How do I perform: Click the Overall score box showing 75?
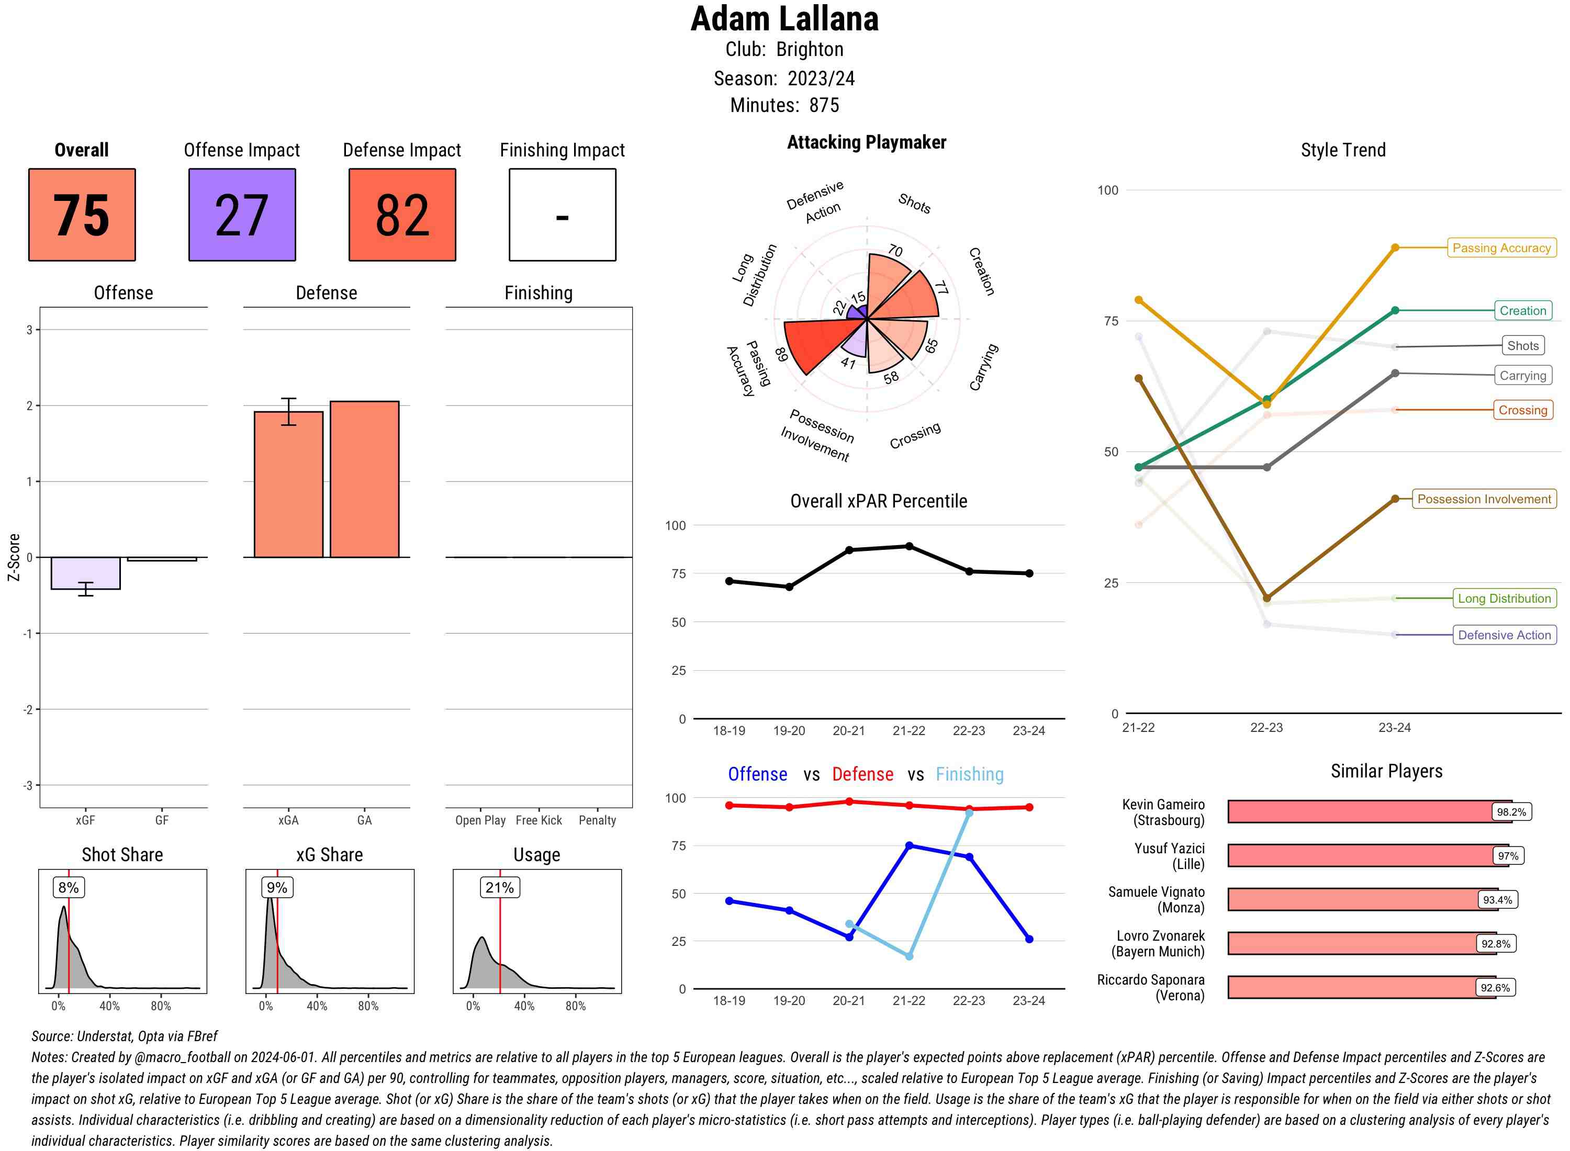(82, 215)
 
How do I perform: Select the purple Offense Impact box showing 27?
(242, 215)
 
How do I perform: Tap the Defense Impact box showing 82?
(402, 215)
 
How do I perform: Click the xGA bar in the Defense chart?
(288, 484)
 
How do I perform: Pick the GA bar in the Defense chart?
(364, 479)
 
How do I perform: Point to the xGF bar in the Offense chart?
(86, 573)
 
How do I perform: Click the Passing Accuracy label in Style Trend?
(1501, 248)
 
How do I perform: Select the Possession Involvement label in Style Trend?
(1484, 499)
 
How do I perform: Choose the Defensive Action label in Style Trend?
(1504, 635)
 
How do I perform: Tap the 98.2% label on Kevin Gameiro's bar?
(1511, 811)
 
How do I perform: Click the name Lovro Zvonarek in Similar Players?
(1160, 935)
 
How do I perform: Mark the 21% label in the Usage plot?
(500, 888)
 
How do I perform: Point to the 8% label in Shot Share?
(68, 888)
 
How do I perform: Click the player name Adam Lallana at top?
(784, 19)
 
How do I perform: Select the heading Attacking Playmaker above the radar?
(866, 142)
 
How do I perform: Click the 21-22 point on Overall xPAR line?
(909, 546)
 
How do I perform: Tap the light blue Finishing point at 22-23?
(969, 813)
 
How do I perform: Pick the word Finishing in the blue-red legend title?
(969, 774)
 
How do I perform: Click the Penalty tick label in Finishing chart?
(597, 820)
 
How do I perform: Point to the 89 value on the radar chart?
(781, 354)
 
